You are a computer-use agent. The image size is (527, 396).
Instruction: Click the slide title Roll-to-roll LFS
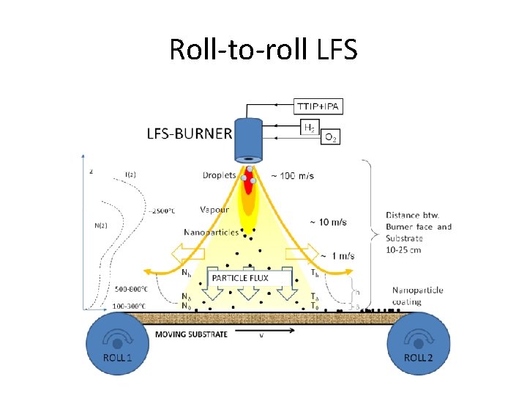click(x=263, y=49)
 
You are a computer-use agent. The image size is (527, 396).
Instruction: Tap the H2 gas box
click(x=310, y=128)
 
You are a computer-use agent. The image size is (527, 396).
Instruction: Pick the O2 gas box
click(x=331, y=137)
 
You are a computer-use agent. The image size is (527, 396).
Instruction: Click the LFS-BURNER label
click(x=190, y=134)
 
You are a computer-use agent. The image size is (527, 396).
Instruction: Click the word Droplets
click(x=220, y=175)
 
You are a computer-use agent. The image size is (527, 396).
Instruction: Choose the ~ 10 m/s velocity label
click(x=328, y=221)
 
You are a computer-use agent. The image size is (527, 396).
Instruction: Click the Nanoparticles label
click(x=211, y=233)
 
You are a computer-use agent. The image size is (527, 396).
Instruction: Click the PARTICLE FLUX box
click(x=239, y=278)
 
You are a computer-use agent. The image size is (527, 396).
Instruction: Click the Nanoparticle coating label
click(x=417, y=295)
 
